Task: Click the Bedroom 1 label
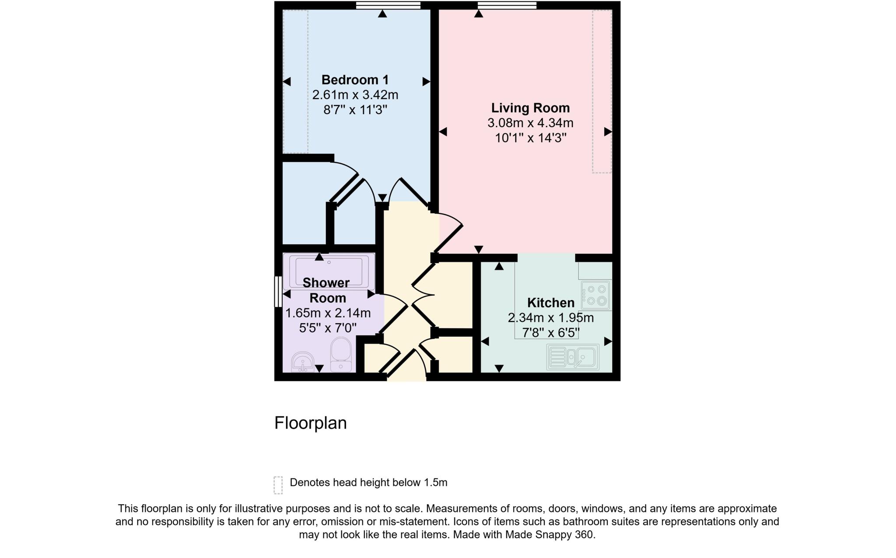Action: pyautogui.click(x=355, y=80)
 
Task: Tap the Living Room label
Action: pyautogui.click(x=530, y=108)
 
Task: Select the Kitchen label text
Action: pyautogui.click(x=550, y=303)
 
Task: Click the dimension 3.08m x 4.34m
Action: pyautogui.click(x=530, y=123)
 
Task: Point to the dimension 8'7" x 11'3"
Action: pyautogui.click(x=355, y=110)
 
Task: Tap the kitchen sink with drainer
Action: pyautogui.click(x=573, y=357)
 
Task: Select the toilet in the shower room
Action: pyautogui.click(x=341, y=354)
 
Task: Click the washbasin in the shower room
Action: pyautogui.click(x=303, y=362)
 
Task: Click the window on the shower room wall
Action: pyautogui.click(x=278, y=291)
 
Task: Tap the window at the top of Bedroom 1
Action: pyautogui.click(x=388, y=5)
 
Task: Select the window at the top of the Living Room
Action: pyautogui.click(x=507, y=5)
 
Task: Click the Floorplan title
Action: pyautogui.click(x=310, y=423)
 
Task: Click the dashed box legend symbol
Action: pyautogui.click(x=278, y=485)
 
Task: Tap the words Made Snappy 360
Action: pyautogui.click(x=549, y=535)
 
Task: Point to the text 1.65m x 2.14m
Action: pyautogui.click(x=328, y=313)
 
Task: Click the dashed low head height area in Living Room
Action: pyautogui.click(x=602, y=91)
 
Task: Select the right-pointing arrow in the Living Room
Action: pyautogui.click(x=608, y=132)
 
